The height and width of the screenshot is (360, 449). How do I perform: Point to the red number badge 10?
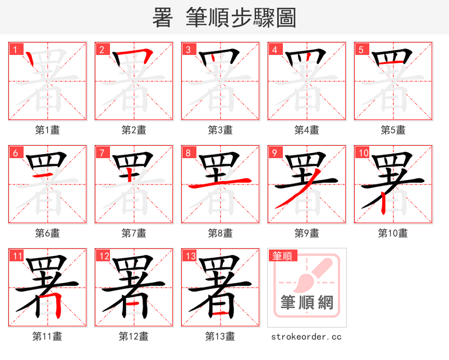pos(363,153)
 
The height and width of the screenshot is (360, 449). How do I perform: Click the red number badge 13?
pos(190,256)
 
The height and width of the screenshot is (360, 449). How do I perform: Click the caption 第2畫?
pos(134,130)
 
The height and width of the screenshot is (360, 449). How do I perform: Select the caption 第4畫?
pos(306,130)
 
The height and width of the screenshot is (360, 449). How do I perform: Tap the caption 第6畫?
pos(47,233)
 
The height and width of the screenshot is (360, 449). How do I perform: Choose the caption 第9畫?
pos(306,233)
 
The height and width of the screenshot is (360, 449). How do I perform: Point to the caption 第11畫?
pos(47,336)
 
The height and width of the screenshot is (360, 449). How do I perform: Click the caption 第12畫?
pos(134,336)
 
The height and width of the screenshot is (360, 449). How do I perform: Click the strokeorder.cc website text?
pos(306,336)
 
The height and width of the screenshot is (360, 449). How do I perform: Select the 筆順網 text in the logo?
pos(306,303)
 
